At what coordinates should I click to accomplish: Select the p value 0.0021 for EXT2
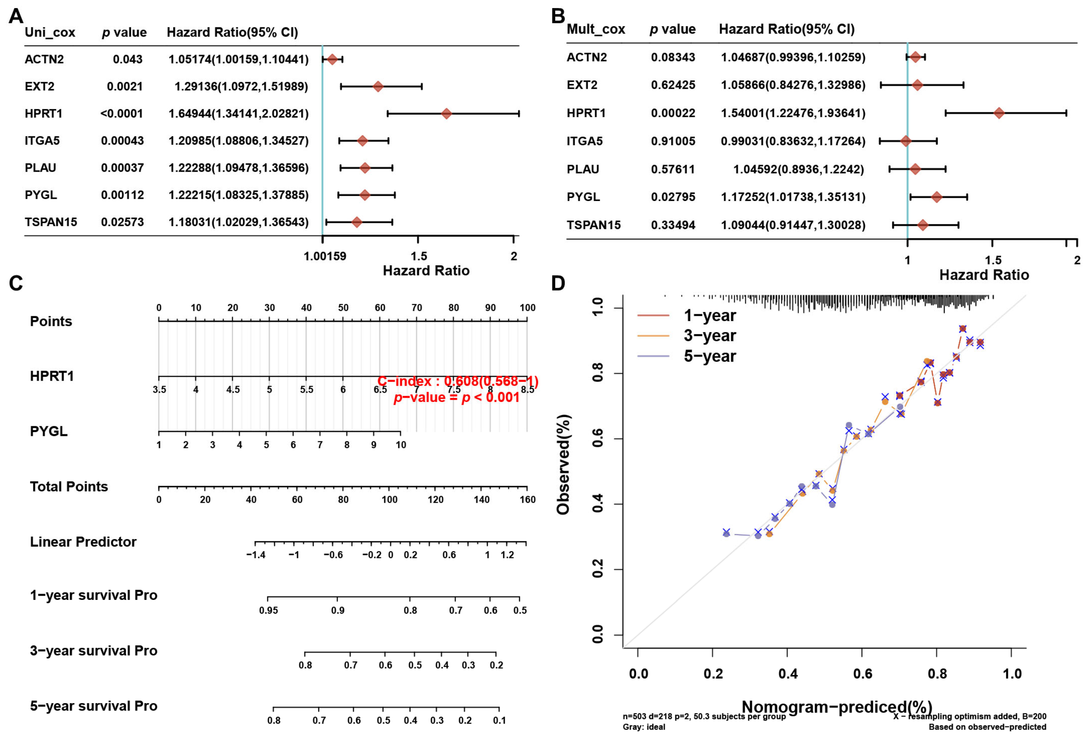pos(124,86)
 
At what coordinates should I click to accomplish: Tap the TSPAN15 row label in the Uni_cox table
pos(51,222)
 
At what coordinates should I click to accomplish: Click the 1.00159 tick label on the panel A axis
pos(325,256)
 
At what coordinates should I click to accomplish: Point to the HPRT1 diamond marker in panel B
pos(999,113)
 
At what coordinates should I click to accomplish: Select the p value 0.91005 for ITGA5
pos(673,141)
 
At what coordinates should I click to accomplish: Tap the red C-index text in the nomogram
pos(458,381)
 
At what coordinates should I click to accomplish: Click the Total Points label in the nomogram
pos(69,487)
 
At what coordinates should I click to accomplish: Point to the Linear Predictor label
pos(83,542)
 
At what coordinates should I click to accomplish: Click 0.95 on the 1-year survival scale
pos(268,610)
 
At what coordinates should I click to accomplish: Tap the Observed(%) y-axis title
pos(563,464)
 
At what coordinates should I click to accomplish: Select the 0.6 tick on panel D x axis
pos(862,673)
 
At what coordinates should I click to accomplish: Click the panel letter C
pos(16,283)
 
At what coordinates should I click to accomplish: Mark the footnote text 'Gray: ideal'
pos(644,727)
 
